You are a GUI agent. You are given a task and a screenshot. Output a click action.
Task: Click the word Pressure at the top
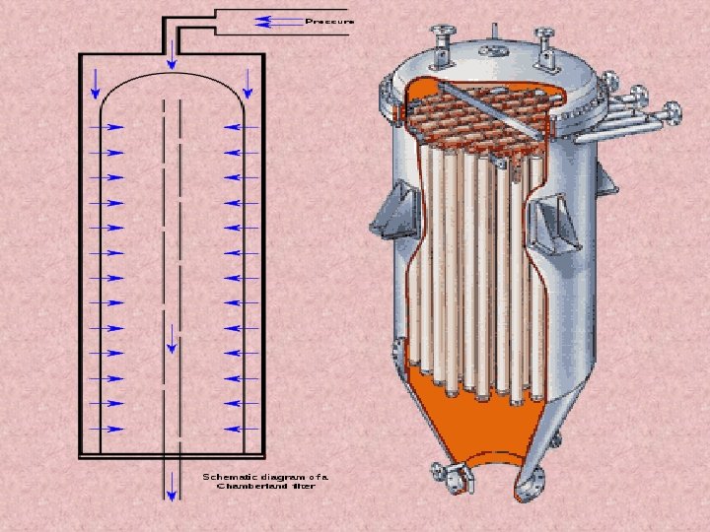[x=329, y=20]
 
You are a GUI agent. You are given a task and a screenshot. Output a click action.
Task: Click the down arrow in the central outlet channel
[x=172, y=337]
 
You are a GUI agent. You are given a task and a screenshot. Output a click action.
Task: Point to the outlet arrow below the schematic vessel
[x=172, y=483]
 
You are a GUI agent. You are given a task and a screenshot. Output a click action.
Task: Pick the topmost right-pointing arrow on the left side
[x=109, y=127]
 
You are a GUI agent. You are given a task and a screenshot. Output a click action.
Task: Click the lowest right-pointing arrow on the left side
[x=109, y=429]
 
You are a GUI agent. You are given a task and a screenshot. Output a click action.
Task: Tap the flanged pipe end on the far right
[x=674, y=112]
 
